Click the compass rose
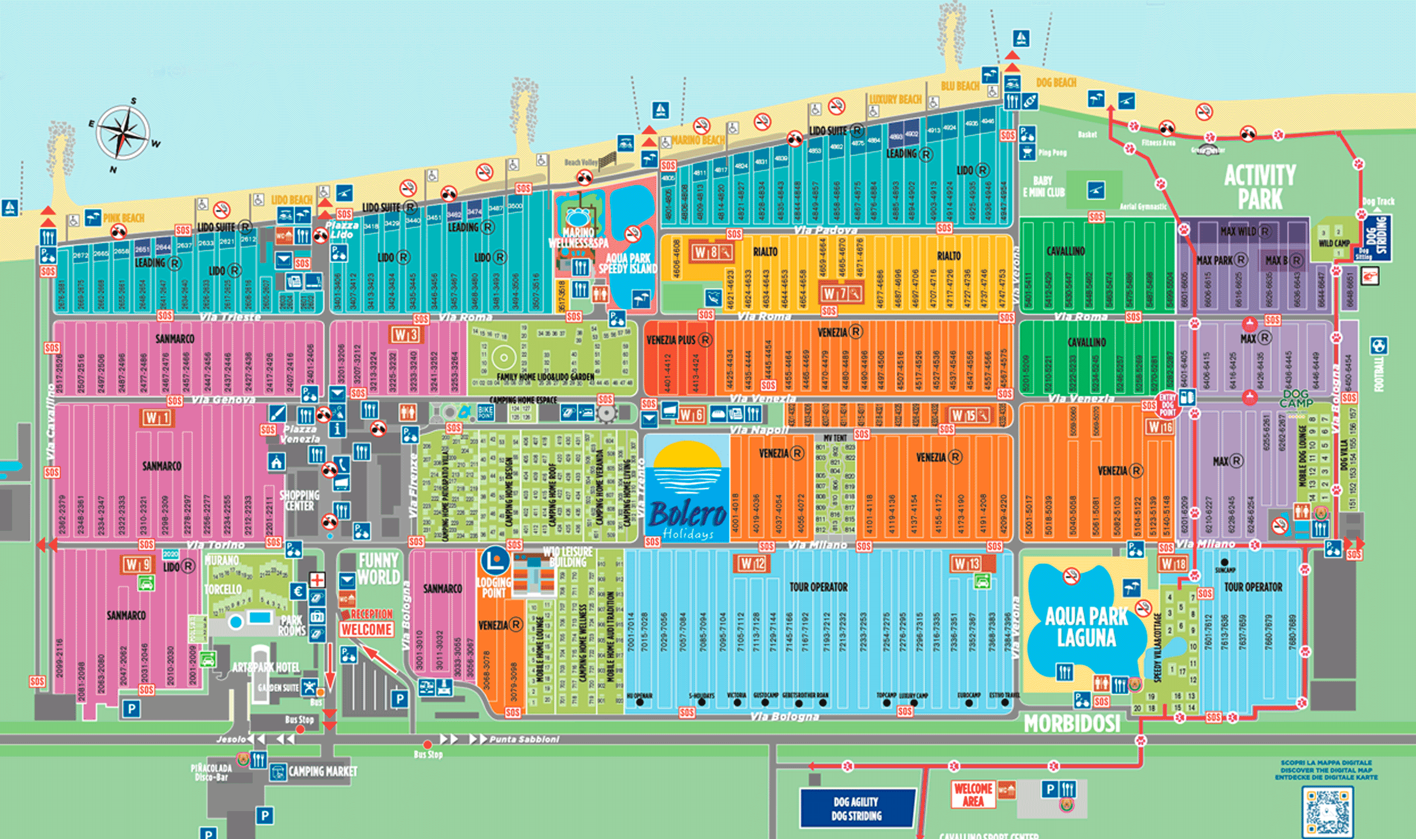pos(123,133)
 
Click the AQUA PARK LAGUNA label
pos(1086,626)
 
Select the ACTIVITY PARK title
pos(1259,187)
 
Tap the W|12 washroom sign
pos(752,564)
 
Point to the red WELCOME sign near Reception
pos(366,629)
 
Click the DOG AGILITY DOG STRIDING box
pos(856,809)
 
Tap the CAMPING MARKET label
pos(323,771)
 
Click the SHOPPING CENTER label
pos(299,500)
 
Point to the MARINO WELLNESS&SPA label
pos(578,238)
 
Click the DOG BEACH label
pos(1056,83)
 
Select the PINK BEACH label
pos(124,218)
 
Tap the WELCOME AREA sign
pos(973,794)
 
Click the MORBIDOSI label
pos(1072,724)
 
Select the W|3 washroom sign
pos(406,334)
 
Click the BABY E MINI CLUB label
pos(1043,187)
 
